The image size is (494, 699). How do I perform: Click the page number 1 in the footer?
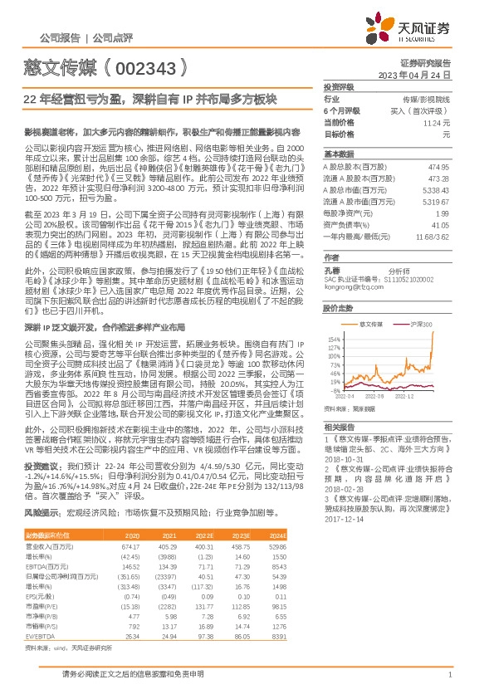[x=448, y=675]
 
